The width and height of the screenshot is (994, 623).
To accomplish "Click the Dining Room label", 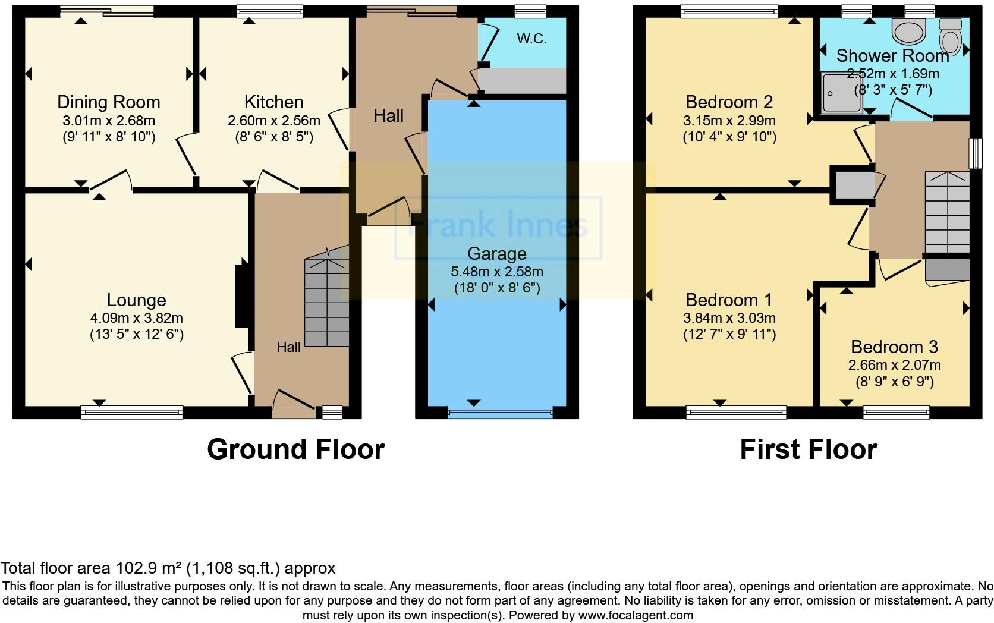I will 108,102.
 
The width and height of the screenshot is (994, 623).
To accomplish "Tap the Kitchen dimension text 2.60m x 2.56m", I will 273,121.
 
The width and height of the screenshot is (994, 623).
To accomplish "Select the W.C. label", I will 531,39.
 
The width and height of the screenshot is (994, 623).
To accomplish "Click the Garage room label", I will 496,254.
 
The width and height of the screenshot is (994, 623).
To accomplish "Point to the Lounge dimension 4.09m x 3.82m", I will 136,318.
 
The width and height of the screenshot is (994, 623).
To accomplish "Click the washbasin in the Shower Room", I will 908,31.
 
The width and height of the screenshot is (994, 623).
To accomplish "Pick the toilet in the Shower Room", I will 950,37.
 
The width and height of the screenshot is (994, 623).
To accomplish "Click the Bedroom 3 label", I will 894,347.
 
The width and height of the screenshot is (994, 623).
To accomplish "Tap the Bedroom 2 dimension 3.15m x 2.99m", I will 729,121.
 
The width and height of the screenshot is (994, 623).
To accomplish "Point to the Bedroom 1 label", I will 729,300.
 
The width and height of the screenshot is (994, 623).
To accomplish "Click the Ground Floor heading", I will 295,449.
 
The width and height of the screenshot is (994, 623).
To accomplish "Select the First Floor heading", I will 808,449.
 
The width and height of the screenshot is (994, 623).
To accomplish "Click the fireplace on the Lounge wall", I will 242,295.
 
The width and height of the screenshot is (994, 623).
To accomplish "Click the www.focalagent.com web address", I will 635,615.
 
